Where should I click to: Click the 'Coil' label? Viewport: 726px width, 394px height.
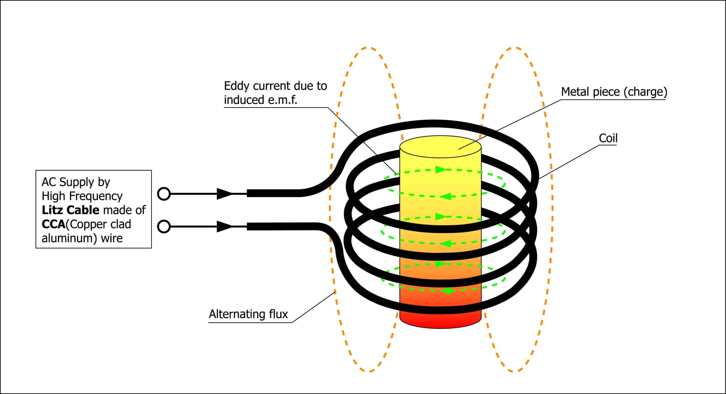click(x=608, y=138)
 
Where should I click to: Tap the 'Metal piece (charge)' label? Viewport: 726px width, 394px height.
click(x=614, y=92)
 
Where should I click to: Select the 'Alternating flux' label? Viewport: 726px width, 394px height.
click(x=248, y=314)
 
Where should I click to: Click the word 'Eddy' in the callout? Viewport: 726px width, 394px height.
click(x=237, y=86)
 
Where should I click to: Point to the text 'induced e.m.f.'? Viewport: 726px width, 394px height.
click(x=260, y=100)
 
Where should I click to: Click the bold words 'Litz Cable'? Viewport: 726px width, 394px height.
click(x=71, y=210)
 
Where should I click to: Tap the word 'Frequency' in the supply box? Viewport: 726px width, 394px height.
click(x=96, y=196)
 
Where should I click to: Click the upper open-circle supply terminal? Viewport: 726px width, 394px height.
click(x=164, y=194)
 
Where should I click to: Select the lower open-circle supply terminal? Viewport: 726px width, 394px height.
click(x=164, y=227)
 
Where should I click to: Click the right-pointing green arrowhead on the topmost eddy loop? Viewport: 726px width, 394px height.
click(x=441, y=170)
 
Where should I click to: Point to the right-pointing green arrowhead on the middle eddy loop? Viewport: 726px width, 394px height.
click(x=441, y=217)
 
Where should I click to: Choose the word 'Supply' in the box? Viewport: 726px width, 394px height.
click(x=77, y=182)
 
